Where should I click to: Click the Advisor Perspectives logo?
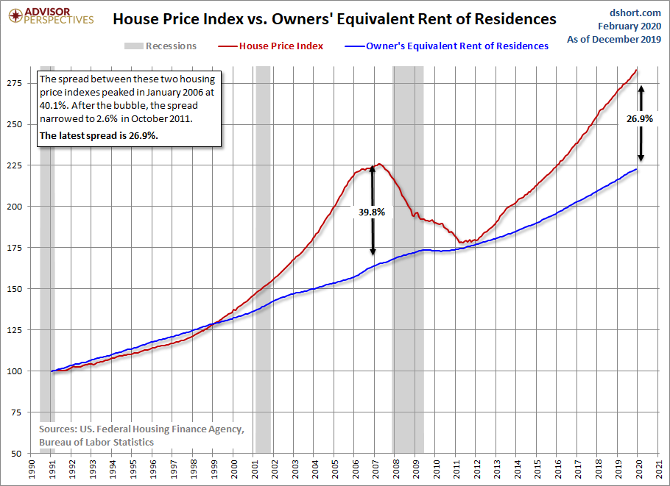point(51,16)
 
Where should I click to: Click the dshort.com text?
point(635,12)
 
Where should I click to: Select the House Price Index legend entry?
point(271,46)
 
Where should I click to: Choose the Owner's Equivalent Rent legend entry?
point(446,46)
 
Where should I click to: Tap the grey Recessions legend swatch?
point(133,46)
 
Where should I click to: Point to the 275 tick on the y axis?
point(14,83)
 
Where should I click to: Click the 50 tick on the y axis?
point(17,454)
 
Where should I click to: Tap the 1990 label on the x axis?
point(31,469)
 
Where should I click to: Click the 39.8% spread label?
point(372,212)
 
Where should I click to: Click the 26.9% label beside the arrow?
point(640,119)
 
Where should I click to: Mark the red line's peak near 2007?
point(379,164)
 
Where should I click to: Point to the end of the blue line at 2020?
point(637,169)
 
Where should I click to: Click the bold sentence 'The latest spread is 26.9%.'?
point(99,136)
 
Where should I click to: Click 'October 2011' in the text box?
point(161,118)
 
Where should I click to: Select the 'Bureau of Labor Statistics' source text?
point(96,442)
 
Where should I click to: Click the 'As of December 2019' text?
point(614,39)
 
